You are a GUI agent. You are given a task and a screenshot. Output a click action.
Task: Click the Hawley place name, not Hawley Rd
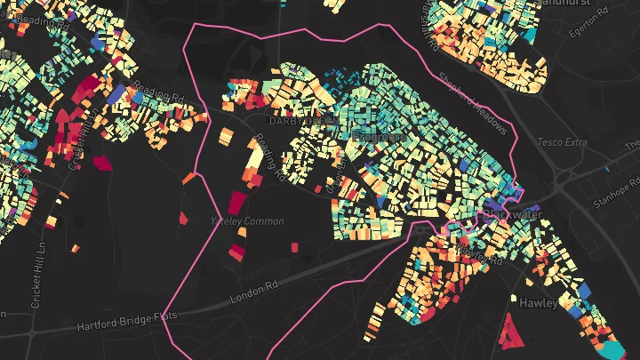point(539,303)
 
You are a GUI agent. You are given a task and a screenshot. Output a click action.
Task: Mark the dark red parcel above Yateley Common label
point(236,203)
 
